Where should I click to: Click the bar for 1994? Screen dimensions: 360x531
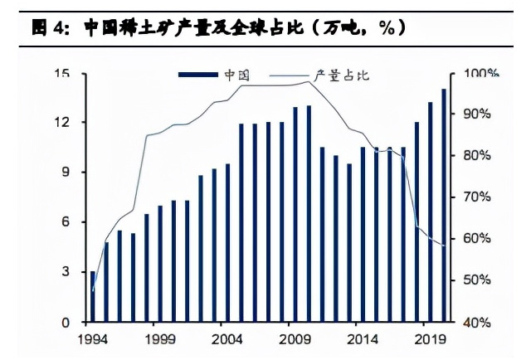pos(93,297)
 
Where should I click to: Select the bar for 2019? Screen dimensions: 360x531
pos(430,212)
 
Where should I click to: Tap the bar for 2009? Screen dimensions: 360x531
pos(295,214)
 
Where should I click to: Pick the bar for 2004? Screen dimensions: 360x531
pos(227,242)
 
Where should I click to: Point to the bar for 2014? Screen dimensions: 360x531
pos(363,234)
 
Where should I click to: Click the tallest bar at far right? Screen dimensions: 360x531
pos(443,205)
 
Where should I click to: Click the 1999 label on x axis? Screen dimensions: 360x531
pos(160,338)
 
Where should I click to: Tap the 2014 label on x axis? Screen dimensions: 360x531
pos(363,338)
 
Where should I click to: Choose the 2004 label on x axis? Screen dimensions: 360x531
pos(227,338)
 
